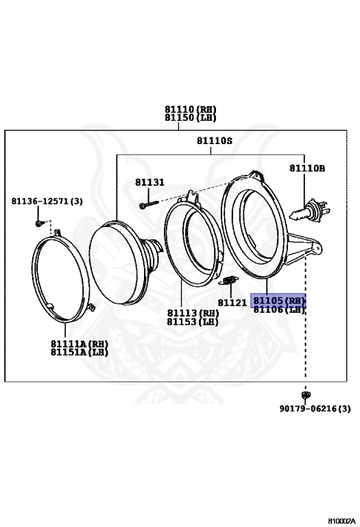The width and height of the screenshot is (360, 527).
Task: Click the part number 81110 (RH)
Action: point(191,109)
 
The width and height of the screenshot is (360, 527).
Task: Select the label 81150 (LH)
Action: point(191,117)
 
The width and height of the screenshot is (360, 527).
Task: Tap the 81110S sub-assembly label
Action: point(215,141)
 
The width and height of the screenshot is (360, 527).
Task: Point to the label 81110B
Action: point(307,168)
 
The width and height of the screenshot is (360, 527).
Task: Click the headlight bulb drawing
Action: point(309,211)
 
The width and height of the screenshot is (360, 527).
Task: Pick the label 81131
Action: point(149,182)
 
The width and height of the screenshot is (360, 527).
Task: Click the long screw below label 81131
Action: point(149,204)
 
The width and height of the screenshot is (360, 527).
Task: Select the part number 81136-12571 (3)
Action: point(47,201)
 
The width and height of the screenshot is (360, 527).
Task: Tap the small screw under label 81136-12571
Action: point(40,223)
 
